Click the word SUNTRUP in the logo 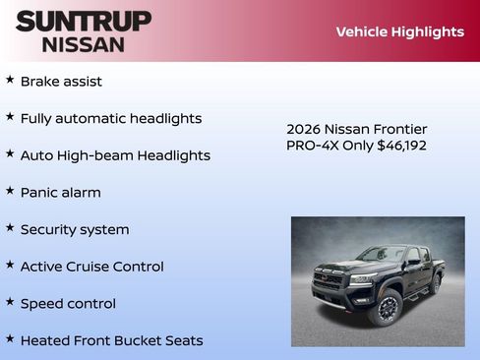(84, 21)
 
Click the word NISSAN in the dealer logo (84, 44)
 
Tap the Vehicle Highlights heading (399, 31)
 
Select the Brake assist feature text (61, 82)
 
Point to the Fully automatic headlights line (111, 119)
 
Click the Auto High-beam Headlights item (115, 155)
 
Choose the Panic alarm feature (61, 193)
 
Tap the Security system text (75, 230)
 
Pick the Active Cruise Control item (92, 267)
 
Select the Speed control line (68, 304)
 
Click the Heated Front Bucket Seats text (111, 340)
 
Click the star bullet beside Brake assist (10, 80)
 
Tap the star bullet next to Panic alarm (10, 191)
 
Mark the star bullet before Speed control (10, 302)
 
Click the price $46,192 (401, 146)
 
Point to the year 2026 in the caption (304, 129)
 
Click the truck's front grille (329, 279)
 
